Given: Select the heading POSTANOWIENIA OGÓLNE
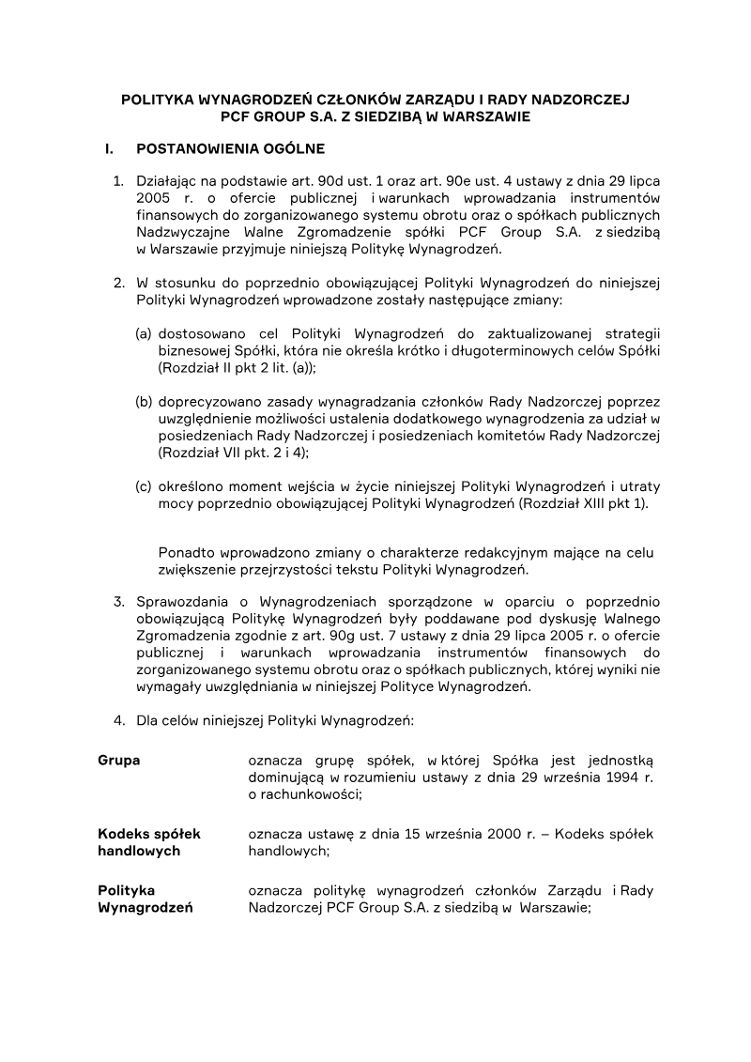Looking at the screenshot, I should (x=231, y=148).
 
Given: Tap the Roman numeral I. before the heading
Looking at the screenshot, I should (x=109, y=148).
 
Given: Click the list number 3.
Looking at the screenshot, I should (x=118, y=601).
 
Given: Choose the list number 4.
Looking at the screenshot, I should (x=118, y=721).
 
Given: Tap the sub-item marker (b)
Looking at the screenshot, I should (x=144, y=401).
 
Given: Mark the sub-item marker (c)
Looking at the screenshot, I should (x=144, y=485).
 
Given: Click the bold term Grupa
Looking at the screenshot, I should (x=119, y=760).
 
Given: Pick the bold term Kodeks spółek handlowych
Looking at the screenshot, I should (x=149, y=842).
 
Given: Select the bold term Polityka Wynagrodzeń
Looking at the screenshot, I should (x=146, y=899).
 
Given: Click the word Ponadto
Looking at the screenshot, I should (x=186, y=552).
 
